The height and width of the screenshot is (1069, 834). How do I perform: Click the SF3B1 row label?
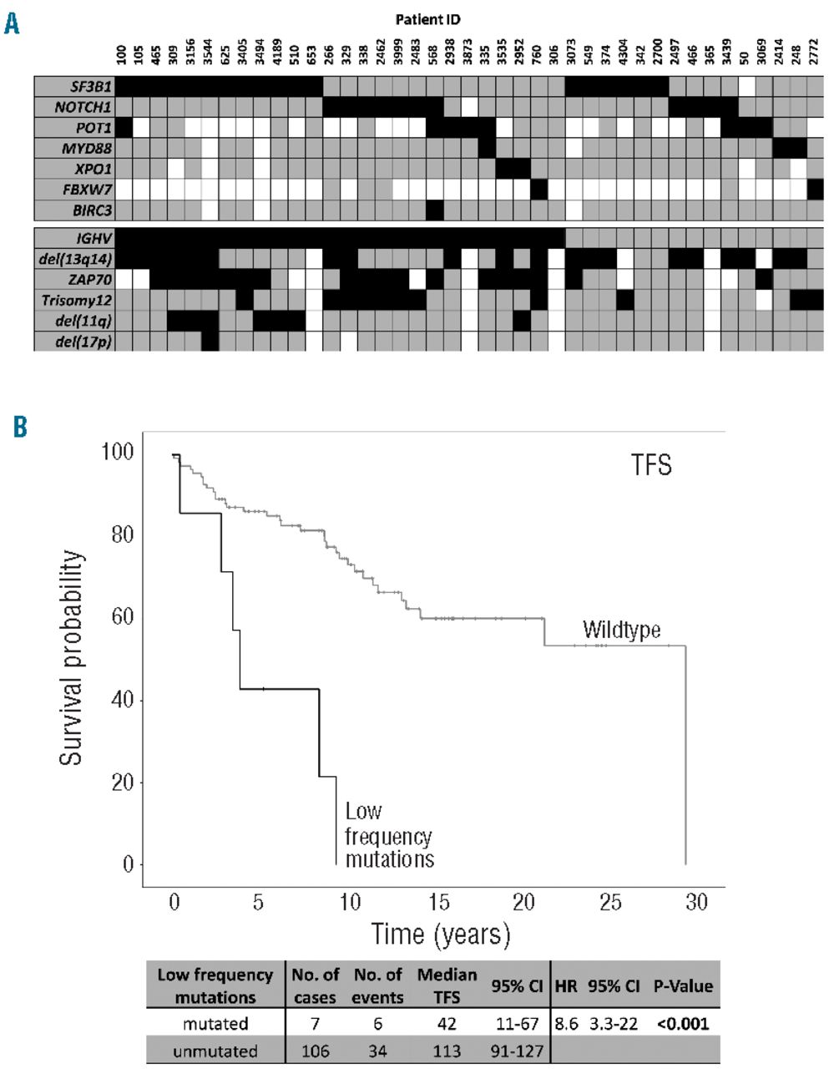(x=91, y=86)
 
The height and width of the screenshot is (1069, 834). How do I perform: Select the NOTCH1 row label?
(x=83, y=107)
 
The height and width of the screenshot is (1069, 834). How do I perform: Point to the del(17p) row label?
(x=83, y=341)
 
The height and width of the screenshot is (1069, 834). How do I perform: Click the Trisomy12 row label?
(x=82, y=300)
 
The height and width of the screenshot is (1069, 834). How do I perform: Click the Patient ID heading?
(x=429, y=18)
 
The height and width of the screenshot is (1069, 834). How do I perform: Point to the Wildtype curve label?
(x=621, y=630)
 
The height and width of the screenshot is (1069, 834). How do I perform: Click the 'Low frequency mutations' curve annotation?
(x=388, y=835)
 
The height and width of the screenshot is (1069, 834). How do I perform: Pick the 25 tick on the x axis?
(x=610, y=902)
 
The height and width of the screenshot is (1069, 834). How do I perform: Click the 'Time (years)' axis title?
(x=440, y=933)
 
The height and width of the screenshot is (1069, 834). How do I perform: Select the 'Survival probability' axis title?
(x=72, y=658)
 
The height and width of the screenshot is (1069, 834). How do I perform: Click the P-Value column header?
(x=682, y=986)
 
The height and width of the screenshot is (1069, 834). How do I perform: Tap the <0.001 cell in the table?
(x=682, y=1024)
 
